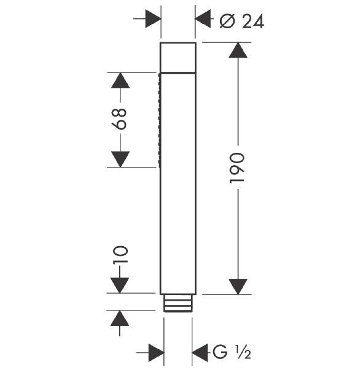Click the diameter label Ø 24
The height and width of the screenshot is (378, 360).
242,21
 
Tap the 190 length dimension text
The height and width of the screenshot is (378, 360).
237,168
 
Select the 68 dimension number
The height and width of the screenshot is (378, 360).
119,119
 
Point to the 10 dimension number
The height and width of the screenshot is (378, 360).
120,254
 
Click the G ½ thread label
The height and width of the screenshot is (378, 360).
232,352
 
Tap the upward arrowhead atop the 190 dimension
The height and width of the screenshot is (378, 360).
238,50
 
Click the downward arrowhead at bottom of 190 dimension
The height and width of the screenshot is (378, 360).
238,287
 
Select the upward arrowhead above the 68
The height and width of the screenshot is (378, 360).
120,80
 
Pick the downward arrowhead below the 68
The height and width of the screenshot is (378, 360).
120,159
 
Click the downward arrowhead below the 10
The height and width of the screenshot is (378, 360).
120,285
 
